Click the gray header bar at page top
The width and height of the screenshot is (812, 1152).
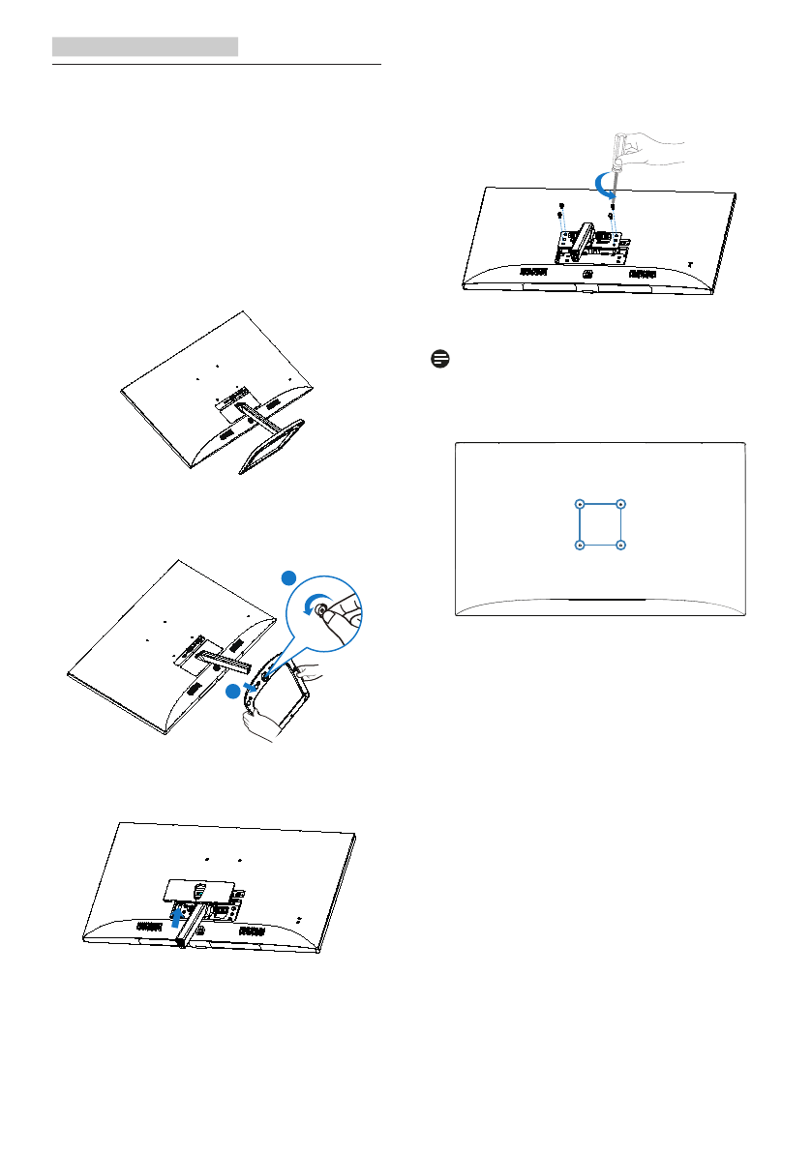[x=145, y=46]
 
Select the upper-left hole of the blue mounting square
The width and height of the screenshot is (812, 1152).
[x=579, y=504]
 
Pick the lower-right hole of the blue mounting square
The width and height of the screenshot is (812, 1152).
[x=621, y=546]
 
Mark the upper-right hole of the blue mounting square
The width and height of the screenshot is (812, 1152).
[x=621, y=504]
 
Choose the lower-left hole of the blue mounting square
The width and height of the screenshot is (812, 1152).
[x=579, y=546]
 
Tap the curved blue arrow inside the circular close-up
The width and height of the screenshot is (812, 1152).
[x=316, y=607]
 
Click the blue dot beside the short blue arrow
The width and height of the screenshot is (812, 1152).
[x=231, y=692]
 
